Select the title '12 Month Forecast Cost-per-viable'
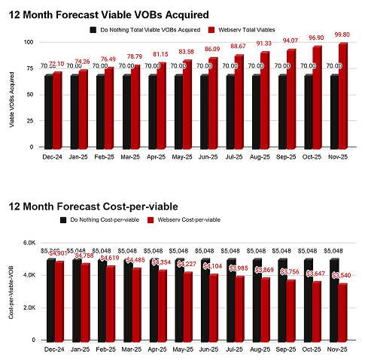[x=94, y=207]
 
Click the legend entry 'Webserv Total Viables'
[x=248, y=30]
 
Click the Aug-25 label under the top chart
[x=258, y=157]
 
